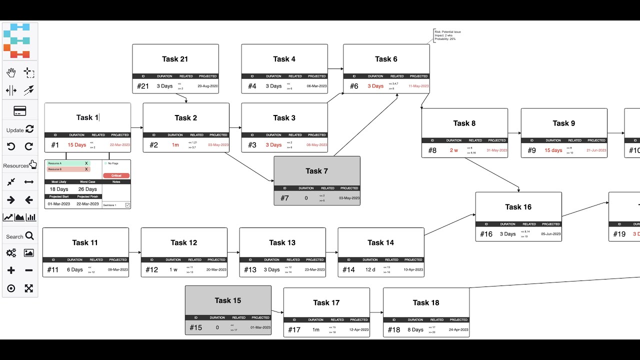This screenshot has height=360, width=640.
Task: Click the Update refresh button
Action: pyautogui.click(x=29, y=129)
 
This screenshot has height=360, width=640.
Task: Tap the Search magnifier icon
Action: pyautogui.click(x=29, y=236)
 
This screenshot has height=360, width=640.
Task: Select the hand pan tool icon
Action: pyautogui.click(x=11, y=72)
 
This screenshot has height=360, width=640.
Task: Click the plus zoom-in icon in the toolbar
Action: pyautogui.click(x=11, y=270)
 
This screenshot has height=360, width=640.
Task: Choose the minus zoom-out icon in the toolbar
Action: pyautogui.click(x=29, y=270)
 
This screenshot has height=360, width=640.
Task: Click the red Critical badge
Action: pyautogui.click(x=116, y=175)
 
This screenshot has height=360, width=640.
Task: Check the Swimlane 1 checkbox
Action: pyautogui.click(x=127, y=205)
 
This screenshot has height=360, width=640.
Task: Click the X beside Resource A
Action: pyautogui.click(x=86, y=163)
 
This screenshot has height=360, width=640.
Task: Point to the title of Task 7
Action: pyautogui.click(x=316, y=171)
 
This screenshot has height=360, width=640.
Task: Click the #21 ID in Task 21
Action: pyautogui.click(x=142, y=86)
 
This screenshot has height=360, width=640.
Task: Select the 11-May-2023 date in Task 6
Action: pyautogui.click(x=418, y=86)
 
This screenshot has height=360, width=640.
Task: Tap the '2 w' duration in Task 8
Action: pyautogui.click(x=453, y=150)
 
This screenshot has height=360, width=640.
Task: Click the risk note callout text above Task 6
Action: pyautogui.click(x=447, y=35)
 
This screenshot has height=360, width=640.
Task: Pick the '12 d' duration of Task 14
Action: pyautogui.click(x=369, y=269)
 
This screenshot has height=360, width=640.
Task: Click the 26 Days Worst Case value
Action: pyautogui.click(x=87, y=189)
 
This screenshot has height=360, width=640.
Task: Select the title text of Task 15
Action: pyautogui.click(x=227, y=300)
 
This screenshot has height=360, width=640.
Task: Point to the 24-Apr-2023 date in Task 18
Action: pyautogui.click(x=458, y=329)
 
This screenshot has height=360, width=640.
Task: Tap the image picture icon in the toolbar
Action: pyautogui.click(x=29, y=253)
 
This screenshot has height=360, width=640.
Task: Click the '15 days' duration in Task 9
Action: pyautogui.click(x=553, y=150)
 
